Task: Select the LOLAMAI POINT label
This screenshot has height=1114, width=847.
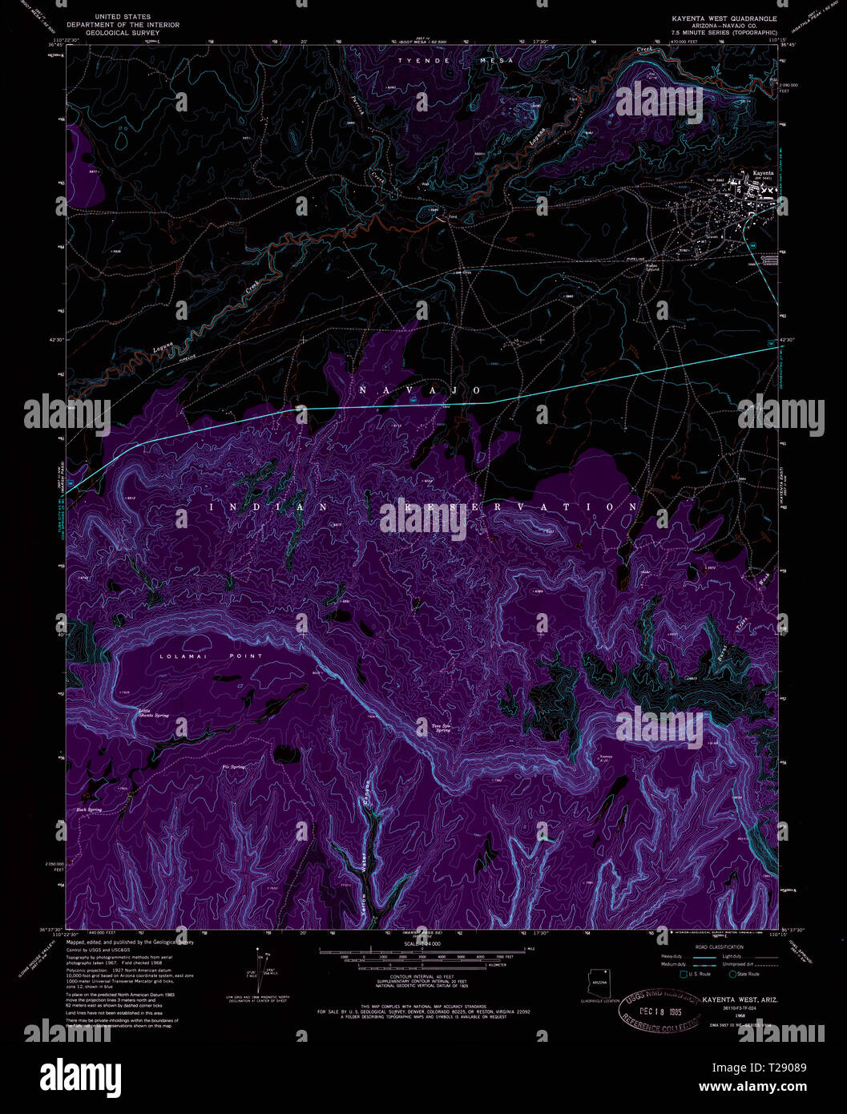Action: pos(211,656)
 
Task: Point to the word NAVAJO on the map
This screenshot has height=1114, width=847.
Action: pos(420,390)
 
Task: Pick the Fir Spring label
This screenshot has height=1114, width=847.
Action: pos(233,767)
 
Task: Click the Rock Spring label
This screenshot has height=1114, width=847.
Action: pos(89,809)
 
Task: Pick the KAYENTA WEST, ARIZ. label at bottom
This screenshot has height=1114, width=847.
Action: pos(740,1000)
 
